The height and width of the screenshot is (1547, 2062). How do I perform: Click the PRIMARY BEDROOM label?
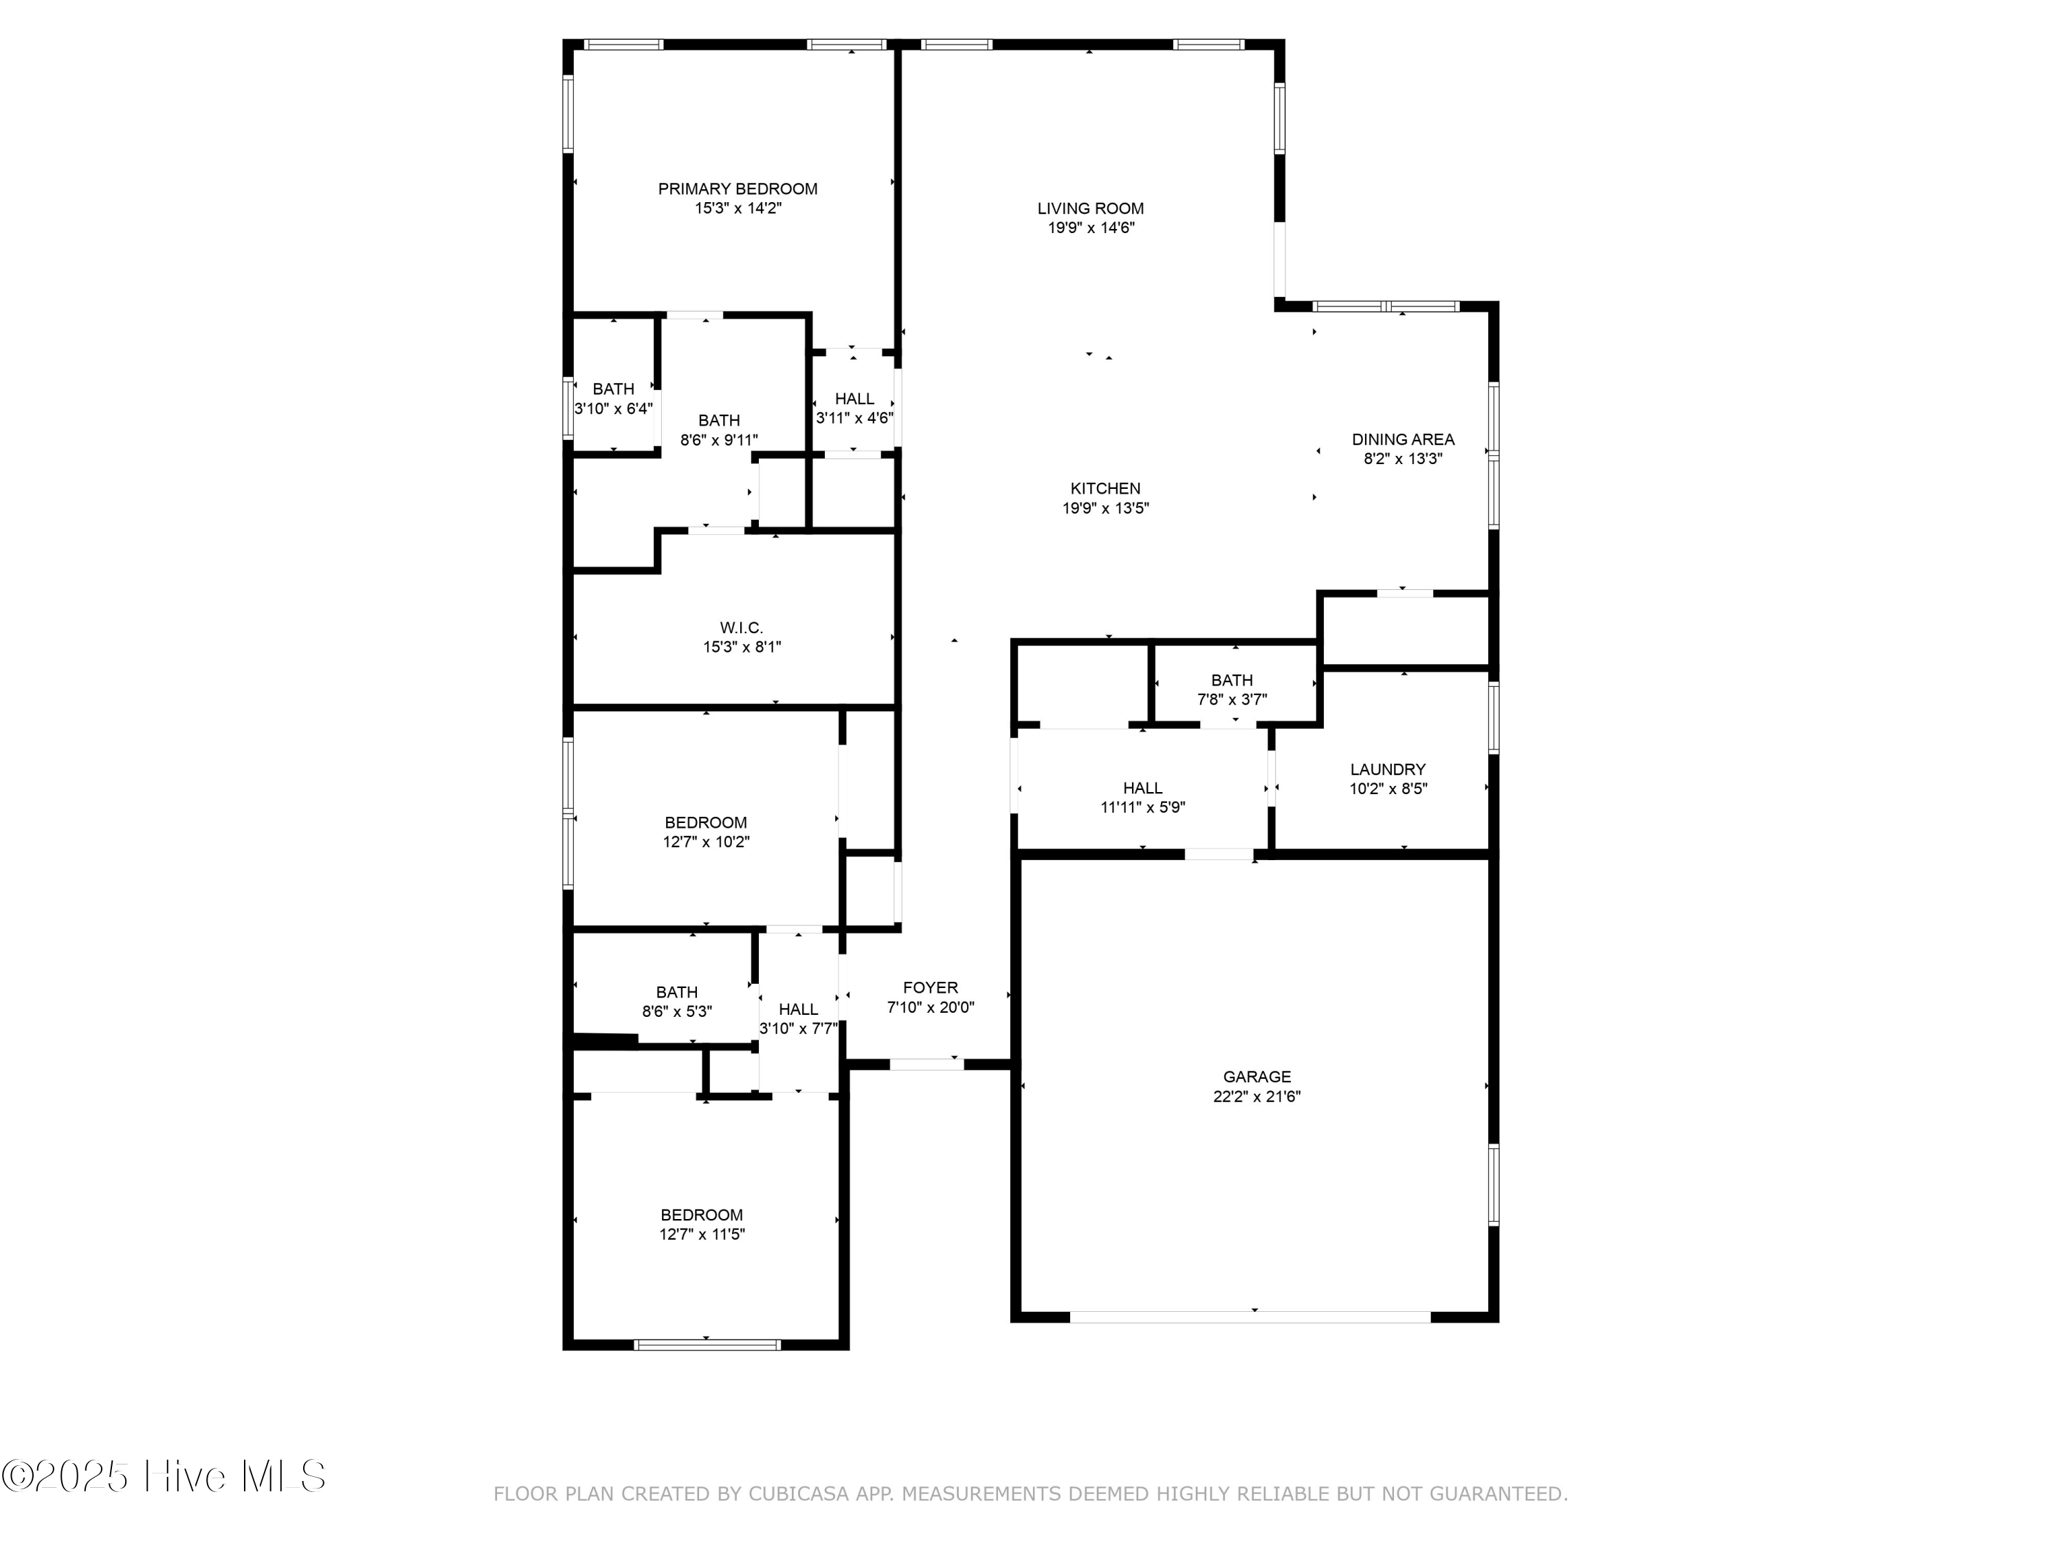coord(738,189)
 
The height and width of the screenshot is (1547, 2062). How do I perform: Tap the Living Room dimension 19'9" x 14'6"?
coord(1091,228)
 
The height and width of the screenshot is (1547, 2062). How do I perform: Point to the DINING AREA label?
coord(1403,439)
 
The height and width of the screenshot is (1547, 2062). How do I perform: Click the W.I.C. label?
coord(741,628)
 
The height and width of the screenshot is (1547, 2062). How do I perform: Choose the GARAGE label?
coord(1256,1077)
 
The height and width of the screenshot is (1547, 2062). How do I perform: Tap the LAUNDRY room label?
coord(1387,769)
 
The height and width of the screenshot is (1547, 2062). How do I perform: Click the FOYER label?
coord(929,987)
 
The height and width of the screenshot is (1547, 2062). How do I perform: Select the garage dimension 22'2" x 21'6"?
coord(1256,1097)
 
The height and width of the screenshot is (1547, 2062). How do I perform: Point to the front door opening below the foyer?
coord(926,1064)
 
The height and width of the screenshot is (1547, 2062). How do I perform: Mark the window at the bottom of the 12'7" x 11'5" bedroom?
coord(707,1345)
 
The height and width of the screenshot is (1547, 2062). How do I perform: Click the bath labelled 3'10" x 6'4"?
coord(612,399)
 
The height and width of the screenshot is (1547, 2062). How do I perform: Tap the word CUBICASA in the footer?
coord(798,1494)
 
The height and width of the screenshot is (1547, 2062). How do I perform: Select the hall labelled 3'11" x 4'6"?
coord(854,408)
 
